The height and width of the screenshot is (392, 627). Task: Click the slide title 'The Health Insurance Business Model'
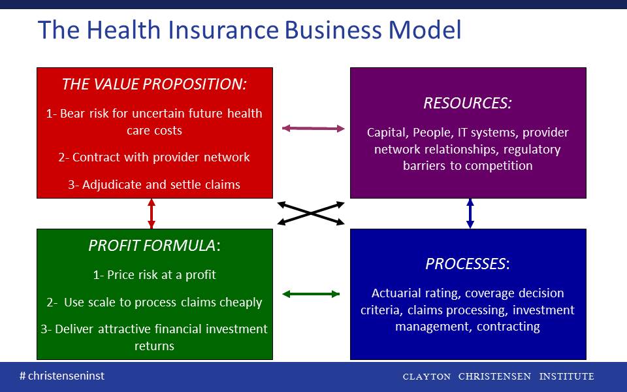tap(249, 30)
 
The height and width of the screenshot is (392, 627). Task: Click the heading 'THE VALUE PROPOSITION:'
tap(154, 84)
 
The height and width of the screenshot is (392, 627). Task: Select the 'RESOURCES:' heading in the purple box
tap(468, 103)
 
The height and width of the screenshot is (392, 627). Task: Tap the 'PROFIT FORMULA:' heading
tap(154, 245)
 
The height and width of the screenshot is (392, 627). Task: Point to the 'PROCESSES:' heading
tap(468, 263)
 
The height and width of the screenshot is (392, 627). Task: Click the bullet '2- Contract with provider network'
tap(154, 157)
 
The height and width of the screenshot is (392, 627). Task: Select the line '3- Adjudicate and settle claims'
tap(154, 184)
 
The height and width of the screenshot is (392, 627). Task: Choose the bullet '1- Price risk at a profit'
tap(154, 275)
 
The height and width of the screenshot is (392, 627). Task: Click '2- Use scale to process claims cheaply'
tap(154, 302)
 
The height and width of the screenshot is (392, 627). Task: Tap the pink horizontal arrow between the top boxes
tap(313, 129)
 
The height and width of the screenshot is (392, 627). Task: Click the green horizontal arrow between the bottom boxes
tap(311, 294)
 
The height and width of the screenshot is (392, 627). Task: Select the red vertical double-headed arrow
tap(151, 214)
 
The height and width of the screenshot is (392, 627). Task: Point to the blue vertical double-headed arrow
tap(470, 214)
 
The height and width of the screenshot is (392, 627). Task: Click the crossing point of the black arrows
tap(311, 213)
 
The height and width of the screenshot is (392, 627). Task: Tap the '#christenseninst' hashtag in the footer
tap(62, 376)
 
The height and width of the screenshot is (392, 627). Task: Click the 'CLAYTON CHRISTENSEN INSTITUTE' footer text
tap(498, 376)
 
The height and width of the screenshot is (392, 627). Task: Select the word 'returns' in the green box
tap(154, 346)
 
